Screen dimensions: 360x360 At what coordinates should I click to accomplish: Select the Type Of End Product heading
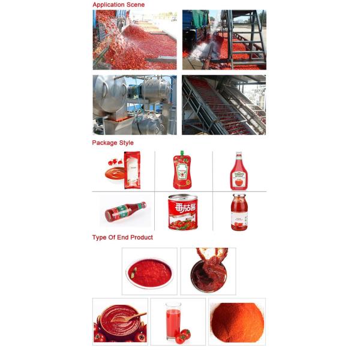122,238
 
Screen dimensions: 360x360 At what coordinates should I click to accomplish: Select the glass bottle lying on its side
125,211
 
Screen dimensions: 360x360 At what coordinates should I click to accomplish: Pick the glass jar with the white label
239,213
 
